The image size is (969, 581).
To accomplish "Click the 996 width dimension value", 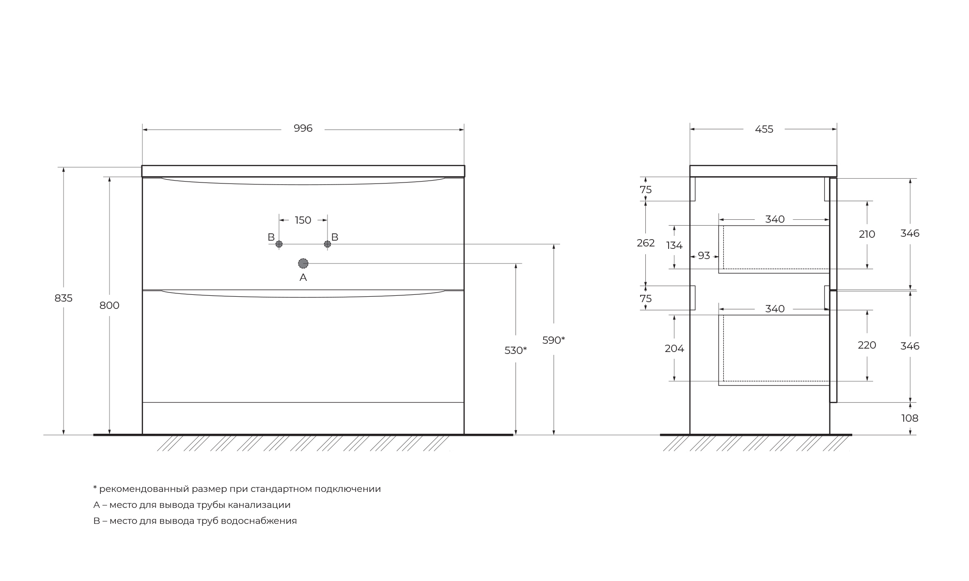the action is (x=303, y=128).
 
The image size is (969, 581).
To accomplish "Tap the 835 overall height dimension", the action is (x=63, y=298).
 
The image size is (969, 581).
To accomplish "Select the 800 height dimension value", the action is (x=109, y=306).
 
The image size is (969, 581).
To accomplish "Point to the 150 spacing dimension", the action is (x=303, y=220).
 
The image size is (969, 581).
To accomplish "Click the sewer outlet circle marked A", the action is (x=303, y=263).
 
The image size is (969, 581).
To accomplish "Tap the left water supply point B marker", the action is (x=279, y=244).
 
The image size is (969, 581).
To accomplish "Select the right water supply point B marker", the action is (x=328, y=244).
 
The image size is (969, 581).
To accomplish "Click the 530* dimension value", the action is (x=516, y=351).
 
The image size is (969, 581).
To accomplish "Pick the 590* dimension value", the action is (x=554, y=340).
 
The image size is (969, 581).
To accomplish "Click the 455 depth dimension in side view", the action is (x=764, y=129).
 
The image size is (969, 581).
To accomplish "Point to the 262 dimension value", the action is (x=646, y=243).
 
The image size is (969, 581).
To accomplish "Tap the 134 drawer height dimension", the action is (x=674, y=245).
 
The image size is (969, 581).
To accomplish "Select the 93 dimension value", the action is (x=704, y=256).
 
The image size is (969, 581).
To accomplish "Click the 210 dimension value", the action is (x=867, y=234).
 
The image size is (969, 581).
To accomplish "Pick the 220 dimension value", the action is (x=867, y=345).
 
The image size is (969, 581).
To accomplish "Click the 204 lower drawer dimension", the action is (x=674, y=349).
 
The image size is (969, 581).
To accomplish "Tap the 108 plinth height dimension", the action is (x=910, y=418).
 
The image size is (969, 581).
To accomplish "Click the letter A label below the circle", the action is (x=303, y=277).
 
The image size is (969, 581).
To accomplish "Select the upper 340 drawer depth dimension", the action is (x=775, y=219).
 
